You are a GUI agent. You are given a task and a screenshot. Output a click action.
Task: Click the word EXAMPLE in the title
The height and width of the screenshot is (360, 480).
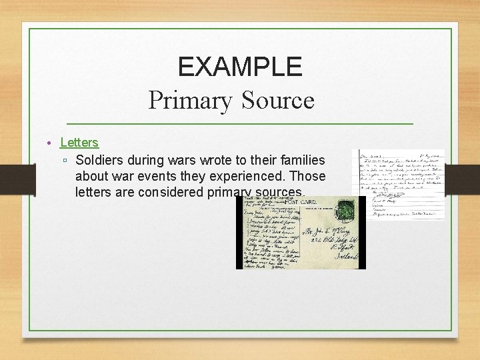240,67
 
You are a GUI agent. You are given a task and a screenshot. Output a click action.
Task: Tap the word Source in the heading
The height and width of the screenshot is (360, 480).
278,101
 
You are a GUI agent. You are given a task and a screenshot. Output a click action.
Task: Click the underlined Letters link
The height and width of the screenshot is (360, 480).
79,142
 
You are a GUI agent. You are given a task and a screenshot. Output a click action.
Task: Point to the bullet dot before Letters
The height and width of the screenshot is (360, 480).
49,143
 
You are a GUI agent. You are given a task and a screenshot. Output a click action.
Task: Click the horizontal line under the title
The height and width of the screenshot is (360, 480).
240,124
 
